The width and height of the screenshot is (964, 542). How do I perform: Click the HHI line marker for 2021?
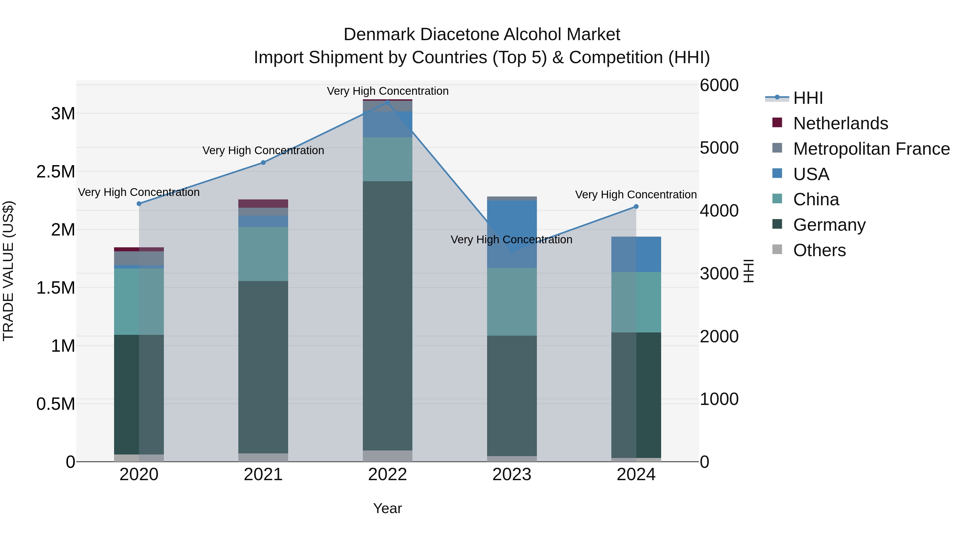263,163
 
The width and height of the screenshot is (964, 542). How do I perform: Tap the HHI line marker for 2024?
636,206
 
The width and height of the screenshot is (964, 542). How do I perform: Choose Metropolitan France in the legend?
871,149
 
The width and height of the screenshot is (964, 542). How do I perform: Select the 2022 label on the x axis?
387,475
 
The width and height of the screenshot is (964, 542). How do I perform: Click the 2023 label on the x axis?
511,475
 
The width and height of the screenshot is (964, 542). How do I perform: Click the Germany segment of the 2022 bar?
387,316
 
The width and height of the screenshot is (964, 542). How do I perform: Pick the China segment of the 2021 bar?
263,254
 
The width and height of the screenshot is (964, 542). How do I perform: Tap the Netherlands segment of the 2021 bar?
263,203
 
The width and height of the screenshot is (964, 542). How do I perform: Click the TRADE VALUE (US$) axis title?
8,271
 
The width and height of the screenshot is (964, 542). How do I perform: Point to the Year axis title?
387,508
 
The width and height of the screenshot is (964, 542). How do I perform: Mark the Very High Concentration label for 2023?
511,239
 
